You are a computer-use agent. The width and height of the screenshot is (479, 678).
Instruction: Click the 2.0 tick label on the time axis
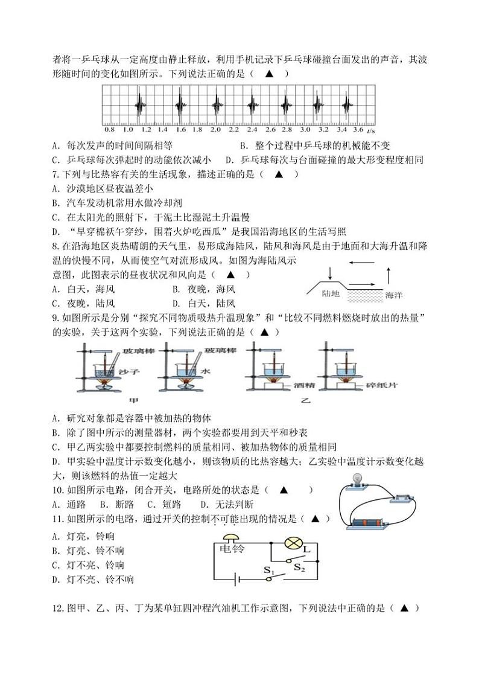click(x=216, y=130)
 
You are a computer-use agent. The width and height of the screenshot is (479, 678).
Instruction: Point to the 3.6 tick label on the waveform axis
click(x=358, y=130)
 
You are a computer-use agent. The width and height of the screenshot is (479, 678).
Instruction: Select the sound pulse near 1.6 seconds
click(x=179, y=106)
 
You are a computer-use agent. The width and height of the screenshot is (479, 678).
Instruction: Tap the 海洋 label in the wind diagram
click(x=393, y=295)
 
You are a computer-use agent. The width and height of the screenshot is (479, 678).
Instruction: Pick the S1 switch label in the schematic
click(x=268, y=569)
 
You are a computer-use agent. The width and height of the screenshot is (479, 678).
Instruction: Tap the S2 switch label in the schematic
click(x=299, y=567)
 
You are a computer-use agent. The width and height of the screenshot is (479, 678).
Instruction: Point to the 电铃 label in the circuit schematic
click(x=230, y=549)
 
